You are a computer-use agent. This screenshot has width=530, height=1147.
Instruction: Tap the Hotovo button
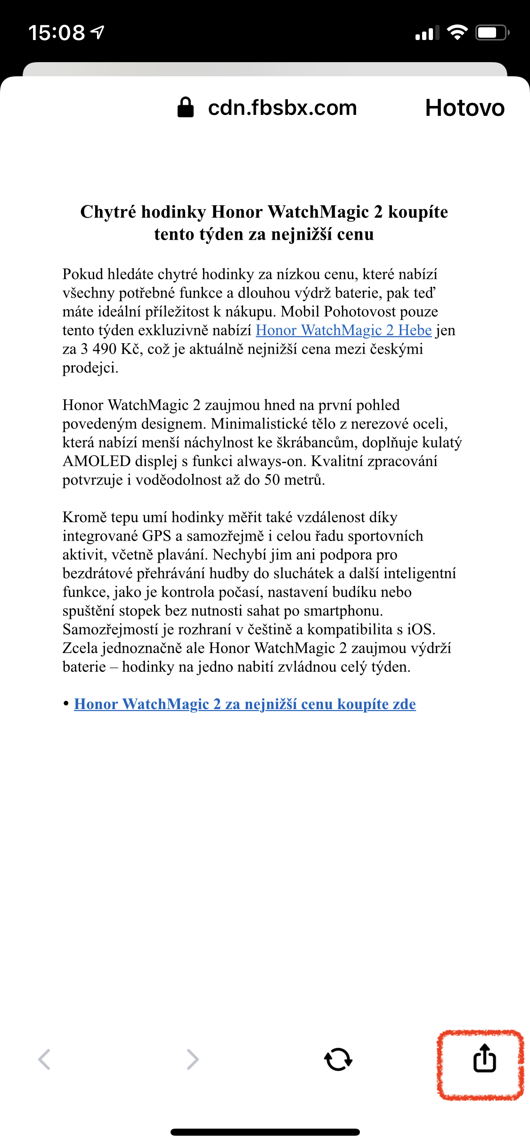click(465, 108)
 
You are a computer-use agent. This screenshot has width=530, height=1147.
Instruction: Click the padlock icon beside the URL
click(185, 107)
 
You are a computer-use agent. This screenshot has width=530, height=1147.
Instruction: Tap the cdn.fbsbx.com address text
click(282, 108)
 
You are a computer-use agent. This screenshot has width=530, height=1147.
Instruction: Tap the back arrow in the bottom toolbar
click(44, 1059)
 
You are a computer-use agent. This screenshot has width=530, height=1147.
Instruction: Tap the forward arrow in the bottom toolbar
click(193, 1059)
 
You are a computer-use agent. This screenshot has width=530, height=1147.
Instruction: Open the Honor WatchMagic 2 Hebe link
click(343, 331)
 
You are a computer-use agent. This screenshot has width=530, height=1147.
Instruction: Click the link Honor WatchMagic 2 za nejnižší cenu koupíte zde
click(245, 704)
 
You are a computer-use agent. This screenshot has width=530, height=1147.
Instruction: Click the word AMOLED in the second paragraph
click(97, 461)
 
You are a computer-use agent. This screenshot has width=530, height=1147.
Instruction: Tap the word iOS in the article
click(420, 630)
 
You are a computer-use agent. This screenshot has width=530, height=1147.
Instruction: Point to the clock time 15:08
click(57, 33)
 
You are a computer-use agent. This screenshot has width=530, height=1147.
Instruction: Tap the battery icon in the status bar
click(491, 33)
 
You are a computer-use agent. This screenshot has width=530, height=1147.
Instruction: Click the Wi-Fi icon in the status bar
click(457, 32)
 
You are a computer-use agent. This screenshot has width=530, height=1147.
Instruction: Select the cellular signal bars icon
click(427, 33)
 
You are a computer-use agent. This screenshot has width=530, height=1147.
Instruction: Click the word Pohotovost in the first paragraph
click(360, 312)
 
